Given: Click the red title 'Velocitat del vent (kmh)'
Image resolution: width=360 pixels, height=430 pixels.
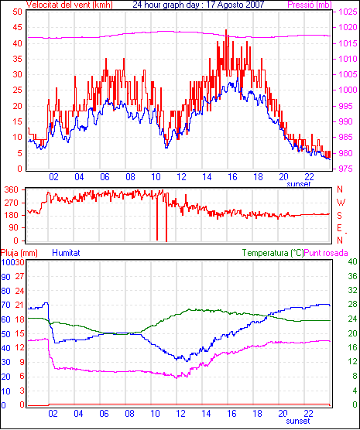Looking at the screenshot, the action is tap(70, 5).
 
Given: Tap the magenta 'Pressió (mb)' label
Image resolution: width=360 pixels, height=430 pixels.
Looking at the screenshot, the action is tap(310, 5).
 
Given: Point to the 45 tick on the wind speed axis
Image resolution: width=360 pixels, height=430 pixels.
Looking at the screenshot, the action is tap(17, 27).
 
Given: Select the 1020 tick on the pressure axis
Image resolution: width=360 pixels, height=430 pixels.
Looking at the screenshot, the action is tap(348, 27).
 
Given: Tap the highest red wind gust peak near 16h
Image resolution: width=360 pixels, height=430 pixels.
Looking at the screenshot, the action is tap(226, 30).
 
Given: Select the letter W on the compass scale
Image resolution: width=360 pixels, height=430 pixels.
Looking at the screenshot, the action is tap(341, 203).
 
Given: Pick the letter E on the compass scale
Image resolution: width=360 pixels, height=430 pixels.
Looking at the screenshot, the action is tap(340, 228).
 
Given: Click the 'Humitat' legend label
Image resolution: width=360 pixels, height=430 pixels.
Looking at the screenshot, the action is tap(66, 253).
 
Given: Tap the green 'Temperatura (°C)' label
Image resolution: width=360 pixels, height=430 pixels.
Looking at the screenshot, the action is tap(273, 253).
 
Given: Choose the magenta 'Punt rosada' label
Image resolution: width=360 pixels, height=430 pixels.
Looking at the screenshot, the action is tap(326, 253).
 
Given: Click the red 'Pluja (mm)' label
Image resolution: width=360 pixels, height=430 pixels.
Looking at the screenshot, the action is tap(19, 253).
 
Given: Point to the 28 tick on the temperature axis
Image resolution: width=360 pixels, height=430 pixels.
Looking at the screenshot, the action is tap(352, 304).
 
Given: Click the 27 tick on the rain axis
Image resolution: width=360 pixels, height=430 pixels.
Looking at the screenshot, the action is tap(19, 276).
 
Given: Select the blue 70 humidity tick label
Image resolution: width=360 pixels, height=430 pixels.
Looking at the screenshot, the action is tap(5, 305).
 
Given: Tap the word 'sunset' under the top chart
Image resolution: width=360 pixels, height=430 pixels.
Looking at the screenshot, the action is tap(299, 184).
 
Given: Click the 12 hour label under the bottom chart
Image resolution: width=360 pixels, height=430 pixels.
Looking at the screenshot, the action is tap(180, 413).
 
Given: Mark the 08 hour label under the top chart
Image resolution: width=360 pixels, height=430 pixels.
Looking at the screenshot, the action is tap(130, 177).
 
